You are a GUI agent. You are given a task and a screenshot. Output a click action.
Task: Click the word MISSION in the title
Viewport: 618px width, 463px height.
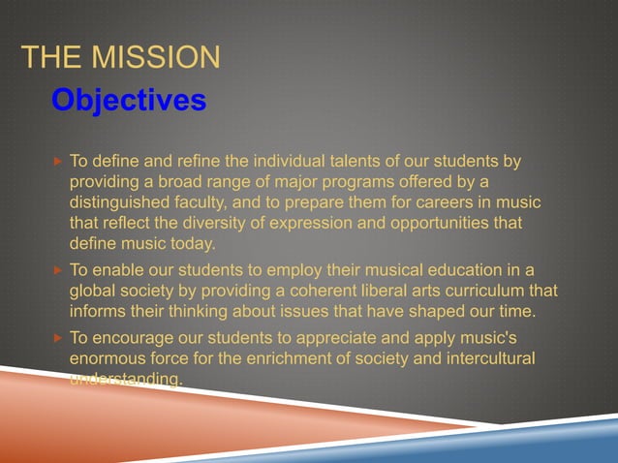point(156,57)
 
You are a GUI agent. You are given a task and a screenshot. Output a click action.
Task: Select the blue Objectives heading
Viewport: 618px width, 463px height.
point(128,100)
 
